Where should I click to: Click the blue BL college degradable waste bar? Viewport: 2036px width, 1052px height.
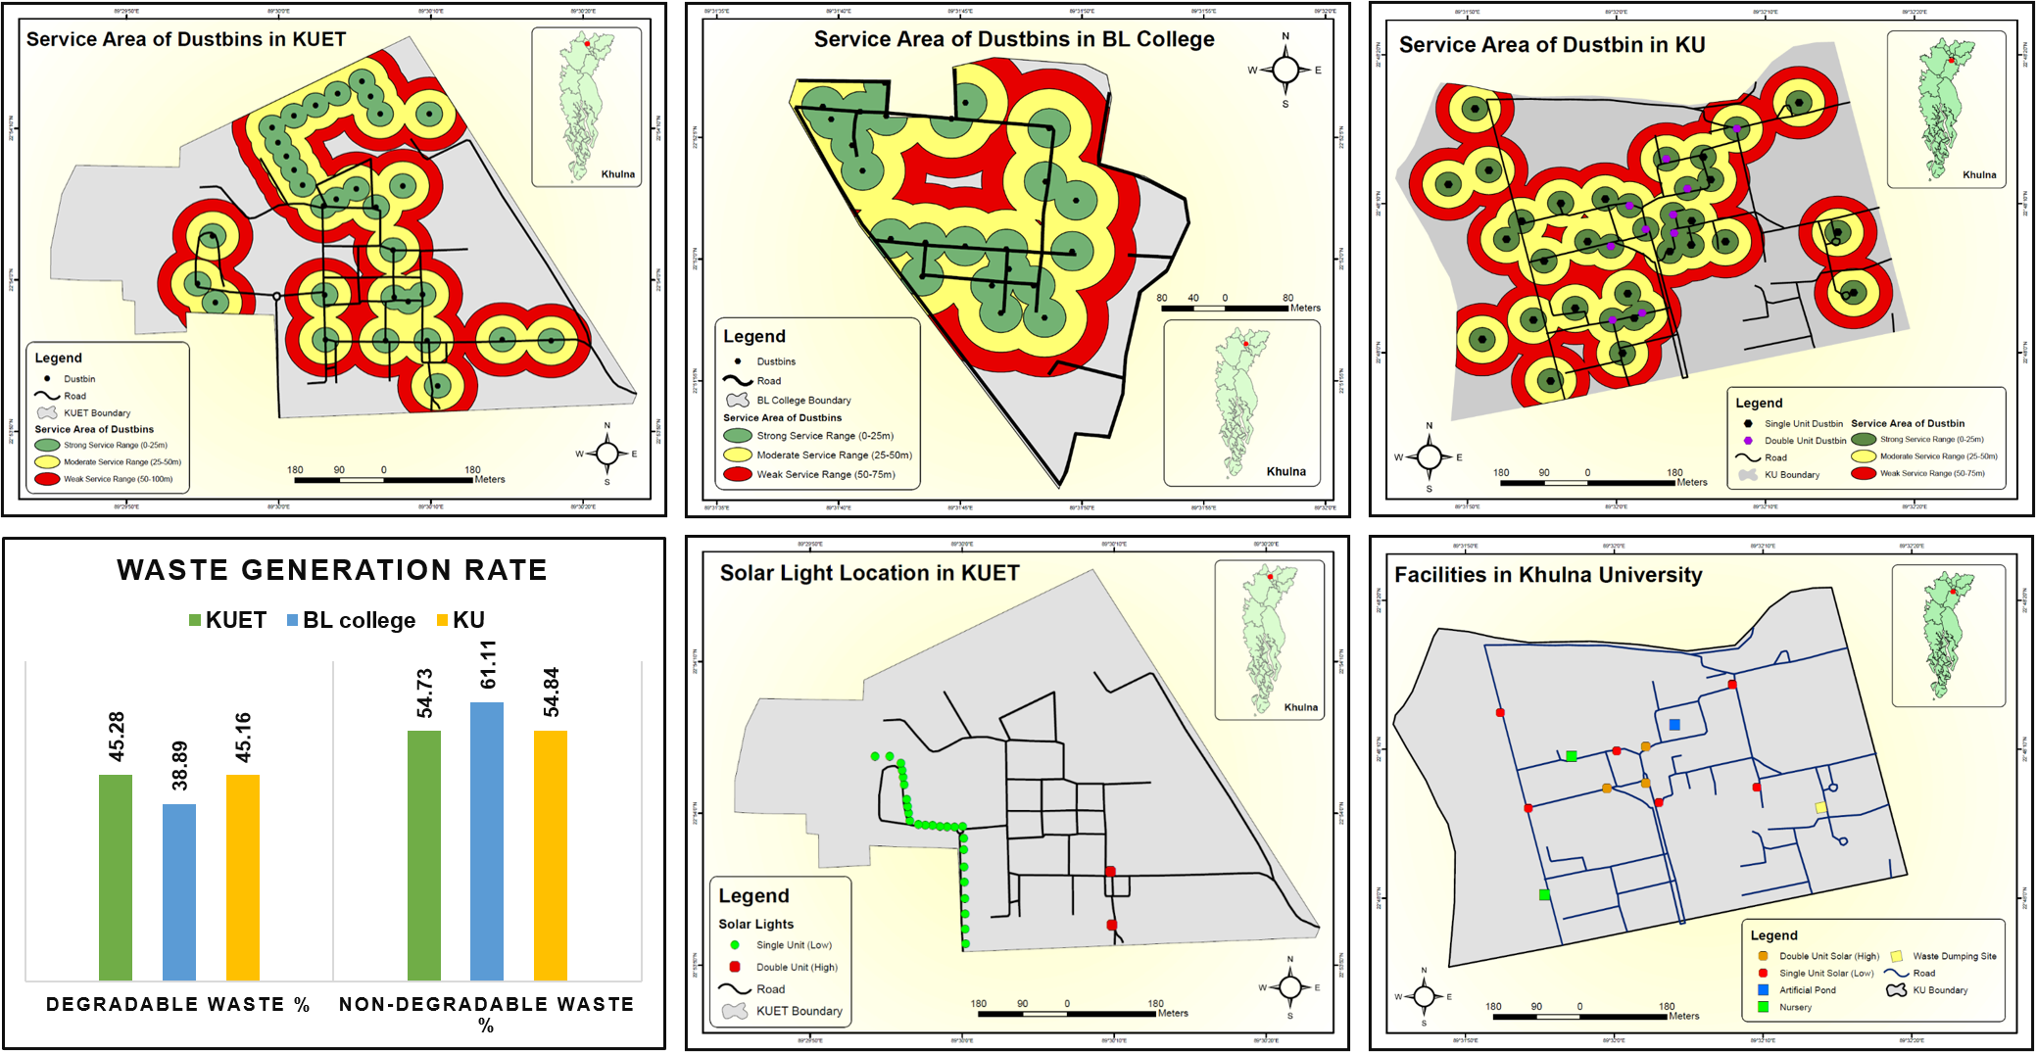(x=179, y=891)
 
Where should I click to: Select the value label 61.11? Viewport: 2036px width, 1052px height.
(x=488, y=665)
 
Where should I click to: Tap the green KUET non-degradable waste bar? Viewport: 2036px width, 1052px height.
(x=423, y=854)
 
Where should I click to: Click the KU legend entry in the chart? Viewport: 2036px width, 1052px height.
(x=461, y=620)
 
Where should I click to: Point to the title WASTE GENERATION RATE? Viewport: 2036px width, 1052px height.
(x=332, y=570)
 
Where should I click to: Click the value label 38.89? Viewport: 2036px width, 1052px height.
(x=179, y=766)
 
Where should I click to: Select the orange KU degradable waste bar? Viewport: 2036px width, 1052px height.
(x=243, y=877)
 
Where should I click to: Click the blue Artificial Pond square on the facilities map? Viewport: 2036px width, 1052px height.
(x=1674, y=725)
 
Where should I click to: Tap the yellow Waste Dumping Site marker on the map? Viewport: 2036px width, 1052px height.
(x=1820, y=808)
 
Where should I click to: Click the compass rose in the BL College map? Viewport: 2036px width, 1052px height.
(x=1285, y=70)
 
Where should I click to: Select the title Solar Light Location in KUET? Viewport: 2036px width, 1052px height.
(x=869, y=573)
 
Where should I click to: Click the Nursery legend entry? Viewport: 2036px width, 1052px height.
(x=1794, y=1007)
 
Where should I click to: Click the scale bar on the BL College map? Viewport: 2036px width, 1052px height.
(x=1225, y=308)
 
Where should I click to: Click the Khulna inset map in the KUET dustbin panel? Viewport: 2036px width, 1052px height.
(x=586, y=106)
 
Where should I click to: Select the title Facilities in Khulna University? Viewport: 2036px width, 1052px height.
(x=1548, y=575)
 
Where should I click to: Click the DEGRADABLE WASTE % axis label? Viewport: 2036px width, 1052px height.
(x=177, y=1004)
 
